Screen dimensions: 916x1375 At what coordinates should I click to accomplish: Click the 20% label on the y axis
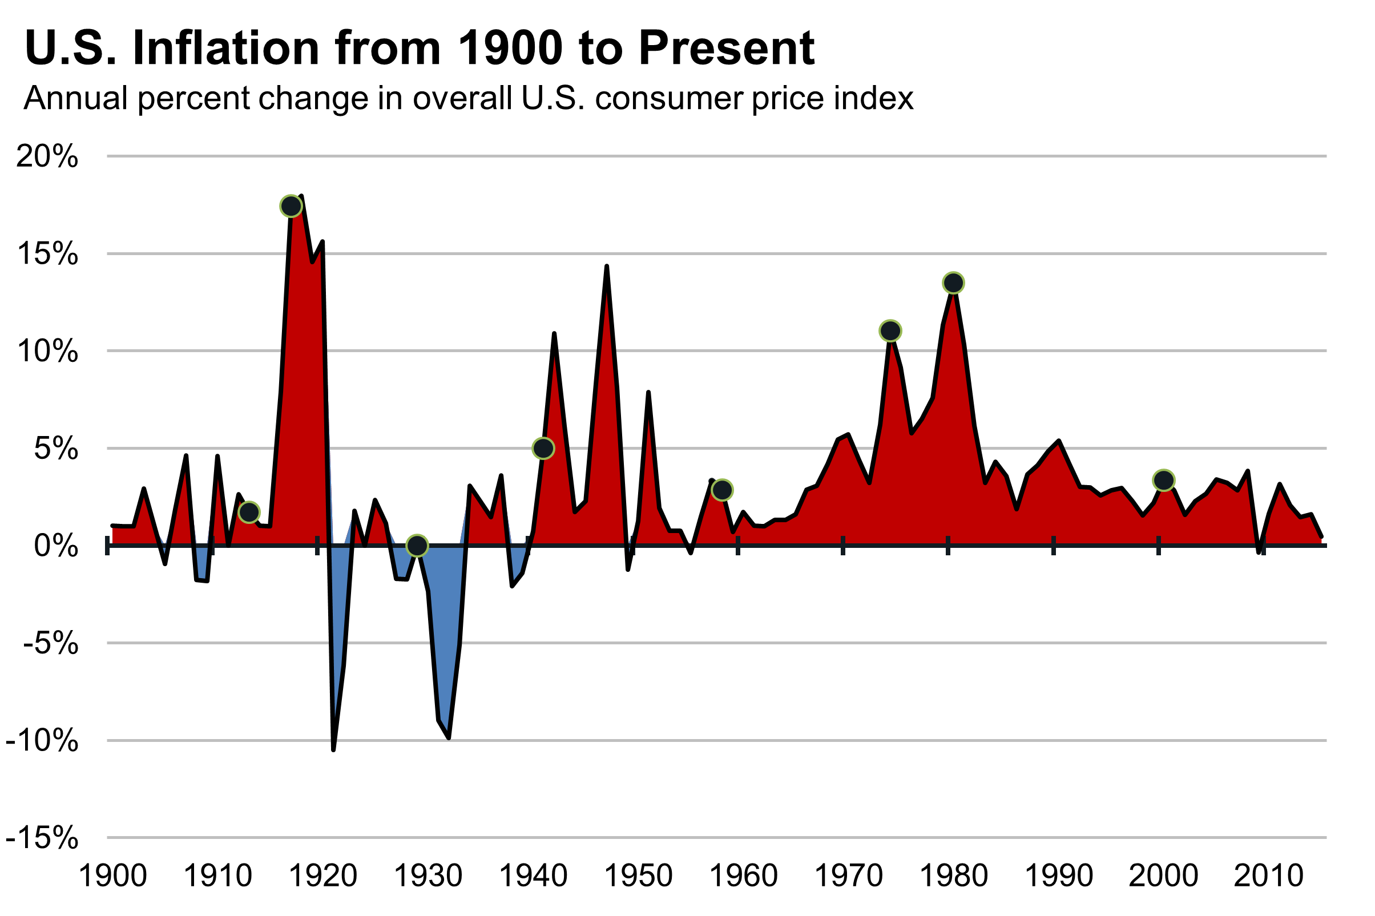[47, 156]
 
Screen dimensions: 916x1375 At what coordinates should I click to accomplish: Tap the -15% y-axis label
[42, 838]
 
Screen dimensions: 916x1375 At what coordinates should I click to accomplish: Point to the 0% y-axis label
[56, 546]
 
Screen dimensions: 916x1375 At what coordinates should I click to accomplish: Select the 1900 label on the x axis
[112, 876]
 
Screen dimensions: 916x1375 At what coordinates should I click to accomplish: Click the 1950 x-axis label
[638, 876]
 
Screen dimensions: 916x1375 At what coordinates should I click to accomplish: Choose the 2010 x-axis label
[1268, 876]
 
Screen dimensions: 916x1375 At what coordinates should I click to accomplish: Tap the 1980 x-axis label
[953, 876]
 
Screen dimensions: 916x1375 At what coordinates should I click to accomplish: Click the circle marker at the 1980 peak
[953, 283]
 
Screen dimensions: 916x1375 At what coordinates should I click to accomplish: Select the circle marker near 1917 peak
[291, 206]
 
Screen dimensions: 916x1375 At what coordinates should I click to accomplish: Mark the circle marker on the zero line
[417, 546]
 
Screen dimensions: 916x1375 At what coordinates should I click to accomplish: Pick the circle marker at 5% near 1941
[543, 449]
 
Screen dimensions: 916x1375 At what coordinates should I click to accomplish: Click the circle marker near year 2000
[1164, 480]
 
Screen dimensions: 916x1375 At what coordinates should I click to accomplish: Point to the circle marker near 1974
[890, 331]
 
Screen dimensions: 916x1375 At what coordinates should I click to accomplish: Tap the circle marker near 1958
[723, 490]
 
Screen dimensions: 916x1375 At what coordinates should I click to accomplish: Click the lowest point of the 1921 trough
[333, 749]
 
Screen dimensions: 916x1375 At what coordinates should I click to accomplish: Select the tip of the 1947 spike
[607, 267]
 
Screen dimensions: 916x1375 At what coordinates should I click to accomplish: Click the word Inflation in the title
[226, 48]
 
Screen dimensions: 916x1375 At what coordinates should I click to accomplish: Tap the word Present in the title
[726, 48]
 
